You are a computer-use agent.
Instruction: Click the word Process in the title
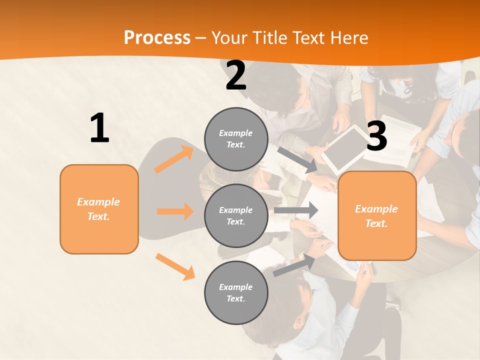(157, 38)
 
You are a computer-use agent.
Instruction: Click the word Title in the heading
(268, 38)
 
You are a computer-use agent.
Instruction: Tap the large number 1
(99, 128)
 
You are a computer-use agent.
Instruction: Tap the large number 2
(236, 75)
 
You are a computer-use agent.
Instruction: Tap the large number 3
(376, 136)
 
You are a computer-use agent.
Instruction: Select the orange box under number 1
(99, 209)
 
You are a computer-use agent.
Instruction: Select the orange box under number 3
(377, 215)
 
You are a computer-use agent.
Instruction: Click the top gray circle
(236, 139)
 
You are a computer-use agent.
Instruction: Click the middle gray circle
(236, 215)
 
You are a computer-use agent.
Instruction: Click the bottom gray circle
(236, 292)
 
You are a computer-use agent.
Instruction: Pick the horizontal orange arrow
(175, 211)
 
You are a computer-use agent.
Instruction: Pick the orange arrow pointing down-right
(175, 266)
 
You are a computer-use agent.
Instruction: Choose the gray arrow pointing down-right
(297, 159)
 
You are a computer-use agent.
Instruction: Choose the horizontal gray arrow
(295, 210)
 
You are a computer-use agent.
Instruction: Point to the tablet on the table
(344, 147)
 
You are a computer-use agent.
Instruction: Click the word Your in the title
(229, 38)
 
